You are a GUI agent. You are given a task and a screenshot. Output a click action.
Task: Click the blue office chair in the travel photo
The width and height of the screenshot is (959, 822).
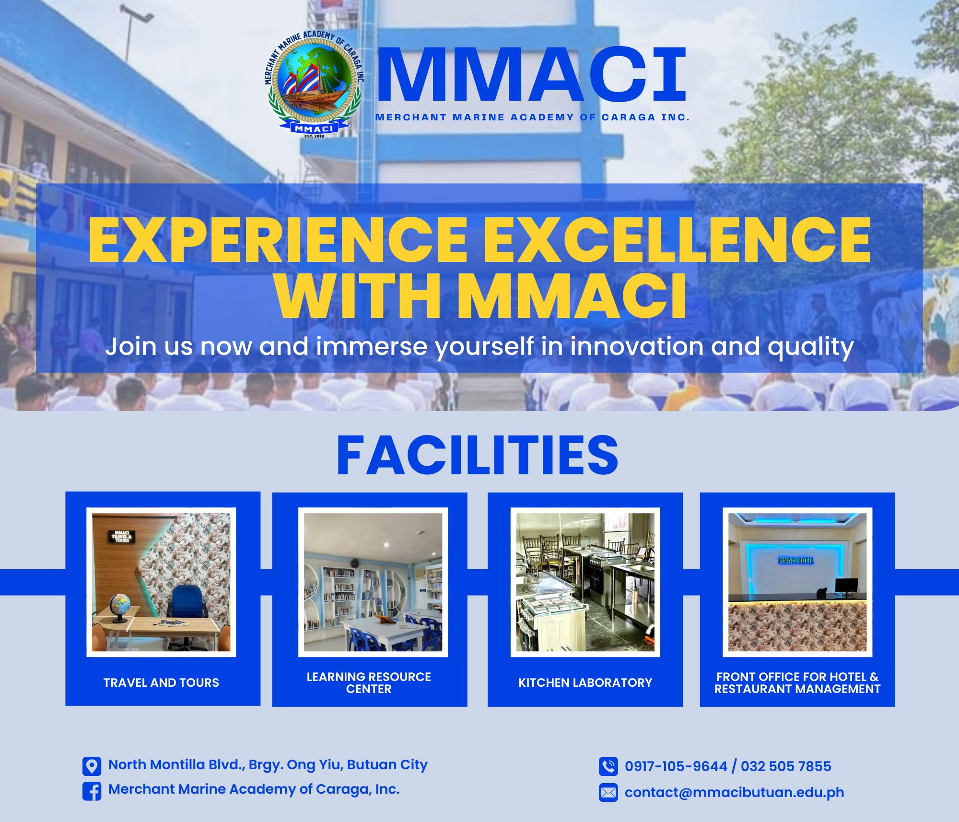pos(188,616)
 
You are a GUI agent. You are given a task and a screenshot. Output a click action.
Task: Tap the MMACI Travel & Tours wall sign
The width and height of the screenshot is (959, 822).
pos(122,536)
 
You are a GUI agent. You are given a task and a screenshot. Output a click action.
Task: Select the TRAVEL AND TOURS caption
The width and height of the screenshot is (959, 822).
pos(161,682)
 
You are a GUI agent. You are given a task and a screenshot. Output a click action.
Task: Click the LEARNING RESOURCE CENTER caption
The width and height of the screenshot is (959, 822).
pos(369,683)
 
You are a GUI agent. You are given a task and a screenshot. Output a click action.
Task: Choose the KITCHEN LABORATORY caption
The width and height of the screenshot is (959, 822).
pos(585,682)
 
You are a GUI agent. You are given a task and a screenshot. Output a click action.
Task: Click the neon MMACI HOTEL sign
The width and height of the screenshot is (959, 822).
pos(795,560)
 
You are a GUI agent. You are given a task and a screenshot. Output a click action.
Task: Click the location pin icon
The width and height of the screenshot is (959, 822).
pos(92,766)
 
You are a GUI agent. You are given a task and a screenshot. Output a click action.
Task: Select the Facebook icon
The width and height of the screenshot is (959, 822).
pos(92,791)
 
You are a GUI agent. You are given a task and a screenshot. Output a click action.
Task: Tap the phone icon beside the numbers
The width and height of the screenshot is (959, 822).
pos(608,766)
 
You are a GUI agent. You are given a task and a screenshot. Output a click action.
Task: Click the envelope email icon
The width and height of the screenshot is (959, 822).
pos(608,792)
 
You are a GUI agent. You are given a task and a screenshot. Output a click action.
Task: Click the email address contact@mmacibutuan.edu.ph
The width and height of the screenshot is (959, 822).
pos(734,792)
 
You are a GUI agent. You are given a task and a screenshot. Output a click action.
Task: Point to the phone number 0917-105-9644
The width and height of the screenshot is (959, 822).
pos(676,766)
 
